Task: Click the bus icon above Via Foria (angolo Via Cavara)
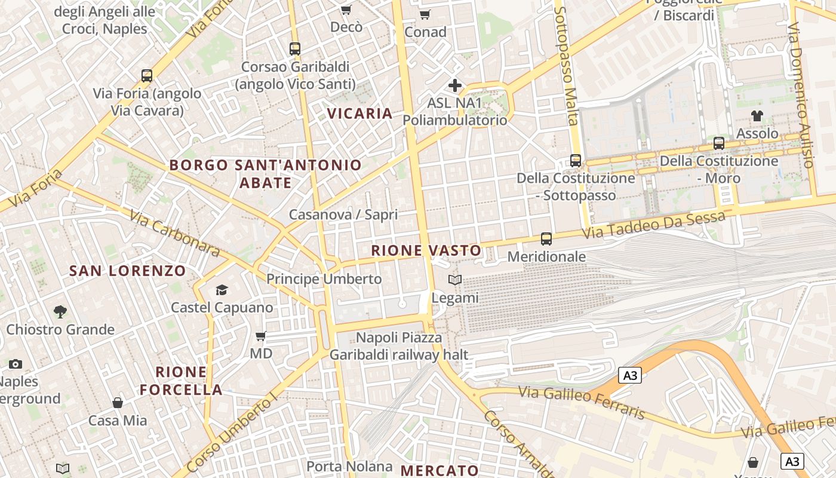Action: coord(147,76)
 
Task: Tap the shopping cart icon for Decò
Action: coord(346,10)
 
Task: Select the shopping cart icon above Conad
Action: coord(425,15)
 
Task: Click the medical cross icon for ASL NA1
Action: coord(455,85)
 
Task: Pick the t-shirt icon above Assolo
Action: coord(757,115)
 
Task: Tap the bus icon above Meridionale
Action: coord(546,239)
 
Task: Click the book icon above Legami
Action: coord(455,280)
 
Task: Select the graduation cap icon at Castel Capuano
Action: coord(222,290)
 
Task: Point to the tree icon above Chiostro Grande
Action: coord(60,311)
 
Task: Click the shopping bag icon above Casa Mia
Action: coord(118,403)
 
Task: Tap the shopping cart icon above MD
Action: coord(260,336)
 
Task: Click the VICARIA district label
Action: coord(360,114)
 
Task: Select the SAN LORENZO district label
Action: coord(128,271)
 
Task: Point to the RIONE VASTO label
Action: coord(426,250)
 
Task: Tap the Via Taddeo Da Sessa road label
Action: coord(653,226)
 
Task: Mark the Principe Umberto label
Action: coord(324,279)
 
